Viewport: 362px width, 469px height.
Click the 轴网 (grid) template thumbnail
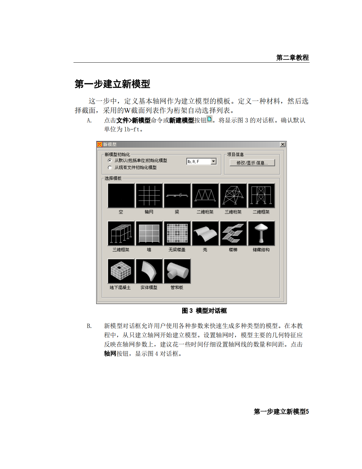pos(149,195)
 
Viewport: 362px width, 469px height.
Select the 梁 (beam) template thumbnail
pos(177,195)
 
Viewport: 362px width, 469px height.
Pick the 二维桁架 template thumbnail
pos(205,195)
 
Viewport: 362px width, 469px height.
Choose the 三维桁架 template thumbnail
pos(233,195)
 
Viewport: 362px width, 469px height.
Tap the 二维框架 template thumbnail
pos(261,195)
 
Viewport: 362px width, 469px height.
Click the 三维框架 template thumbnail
pos(121,233)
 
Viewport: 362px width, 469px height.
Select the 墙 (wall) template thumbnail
pos(149,233)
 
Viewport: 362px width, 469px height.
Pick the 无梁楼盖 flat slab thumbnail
pos(177,233)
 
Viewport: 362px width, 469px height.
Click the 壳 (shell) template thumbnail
pos(205,233)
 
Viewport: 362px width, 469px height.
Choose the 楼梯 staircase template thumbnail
pos(233,233)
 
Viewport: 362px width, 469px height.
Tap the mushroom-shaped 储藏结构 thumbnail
pos(261,233)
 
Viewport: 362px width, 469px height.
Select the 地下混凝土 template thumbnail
pos(121,271)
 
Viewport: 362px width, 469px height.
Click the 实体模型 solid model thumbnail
pos(149,271)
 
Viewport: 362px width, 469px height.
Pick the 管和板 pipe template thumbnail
pos(177,271)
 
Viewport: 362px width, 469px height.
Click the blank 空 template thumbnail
pos(121,195)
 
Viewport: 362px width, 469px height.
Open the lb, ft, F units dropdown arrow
pos(213,161)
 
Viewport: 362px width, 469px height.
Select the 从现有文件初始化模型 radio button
pos(110,168)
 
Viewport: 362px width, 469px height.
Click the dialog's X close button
pos(282,145)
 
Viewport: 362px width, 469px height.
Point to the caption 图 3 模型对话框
pos(204,311)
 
